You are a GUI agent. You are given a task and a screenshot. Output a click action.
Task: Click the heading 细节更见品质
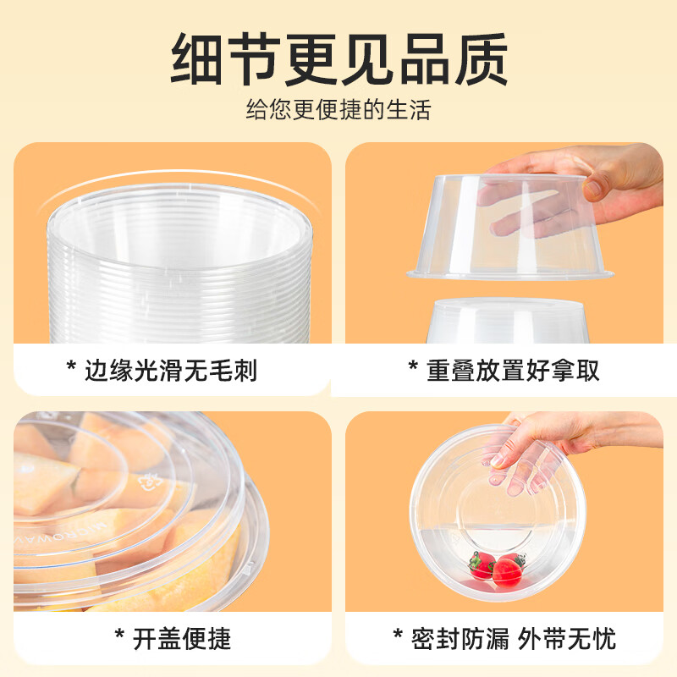[339, 58]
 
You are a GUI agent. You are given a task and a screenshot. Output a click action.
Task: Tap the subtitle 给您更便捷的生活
[338, 110]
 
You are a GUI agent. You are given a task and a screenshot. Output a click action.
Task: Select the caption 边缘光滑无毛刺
[171, 371]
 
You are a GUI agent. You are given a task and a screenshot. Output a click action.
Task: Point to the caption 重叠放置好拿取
[513, 371]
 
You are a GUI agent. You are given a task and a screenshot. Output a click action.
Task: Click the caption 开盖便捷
[182, 639]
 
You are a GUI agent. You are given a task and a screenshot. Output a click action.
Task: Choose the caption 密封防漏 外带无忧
[514, 639]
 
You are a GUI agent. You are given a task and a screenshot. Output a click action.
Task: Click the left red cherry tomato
[481, 565]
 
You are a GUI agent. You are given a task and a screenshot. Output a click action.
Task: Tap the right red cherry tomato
[509, 570]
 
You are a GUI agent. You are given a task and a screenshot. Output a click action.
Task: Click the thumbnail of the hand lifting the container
[504, 243]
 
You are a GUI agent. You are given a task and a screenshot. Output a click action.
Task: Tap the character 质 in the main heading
[482, 58]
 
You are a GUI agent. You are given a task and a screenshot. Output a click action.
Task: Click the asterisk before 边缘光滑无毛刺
[71, 366]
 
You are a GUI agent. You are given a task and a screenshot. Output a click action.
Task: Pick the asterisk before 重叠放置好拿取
[413, 366]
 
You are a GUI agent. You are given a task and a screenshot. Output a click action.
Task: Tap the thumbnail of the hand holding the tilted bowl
[504, 511]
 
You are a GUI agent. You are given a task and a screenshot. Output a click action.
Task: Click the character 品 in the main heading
[426, 58]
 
